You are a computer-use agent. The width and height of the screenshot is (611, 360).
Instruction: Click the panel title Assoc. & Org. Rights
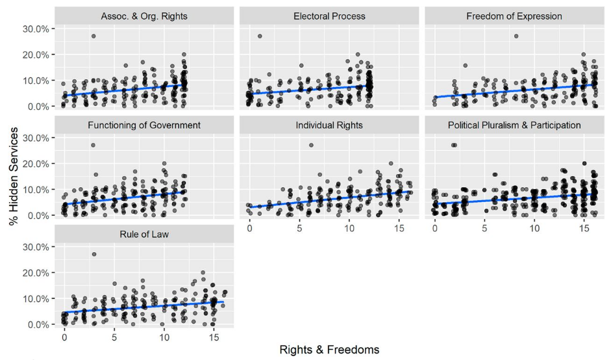[144, 16]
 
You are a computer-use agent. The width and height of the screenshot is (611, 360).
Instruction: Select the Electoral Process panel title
[329, 16]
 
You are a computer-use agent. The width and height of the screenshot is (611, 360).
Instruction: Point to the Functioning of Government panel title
[144, 125]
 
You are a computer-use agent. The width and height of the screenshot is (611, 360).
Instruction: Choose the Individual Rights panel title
[329, 125]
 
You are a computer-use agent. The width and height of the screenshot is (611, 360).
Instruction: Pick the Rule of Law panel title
[144, 234]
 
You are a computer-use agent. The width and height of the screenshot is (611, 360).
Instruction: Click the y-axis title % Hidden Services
[13, 172]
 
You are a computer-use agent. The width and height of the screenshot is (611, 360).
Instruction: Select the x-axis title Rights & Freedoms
[329, 350]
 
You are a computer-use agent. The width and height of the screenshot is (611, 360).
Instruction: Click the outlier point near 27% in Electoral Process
[260, 36]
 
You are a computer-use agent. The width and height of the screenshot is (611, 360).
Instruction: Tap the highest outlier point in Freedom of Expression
[516, 36]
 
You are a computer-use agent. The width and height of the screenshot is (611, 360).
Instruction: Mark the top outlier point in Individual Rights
[311, 145]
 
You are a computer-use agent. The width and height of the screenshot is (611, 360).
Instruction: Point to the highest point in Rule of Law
[94, 254]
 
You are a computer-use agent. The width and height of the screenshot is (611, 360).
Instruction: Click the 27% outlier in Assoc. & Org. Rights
[94, 36]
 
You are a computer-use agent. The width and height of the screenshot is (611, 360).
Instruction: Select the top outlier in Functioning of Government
[93, 145]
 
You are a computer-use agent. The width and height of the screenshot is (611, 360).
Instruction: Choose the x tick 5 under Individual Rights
[299, 229]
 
